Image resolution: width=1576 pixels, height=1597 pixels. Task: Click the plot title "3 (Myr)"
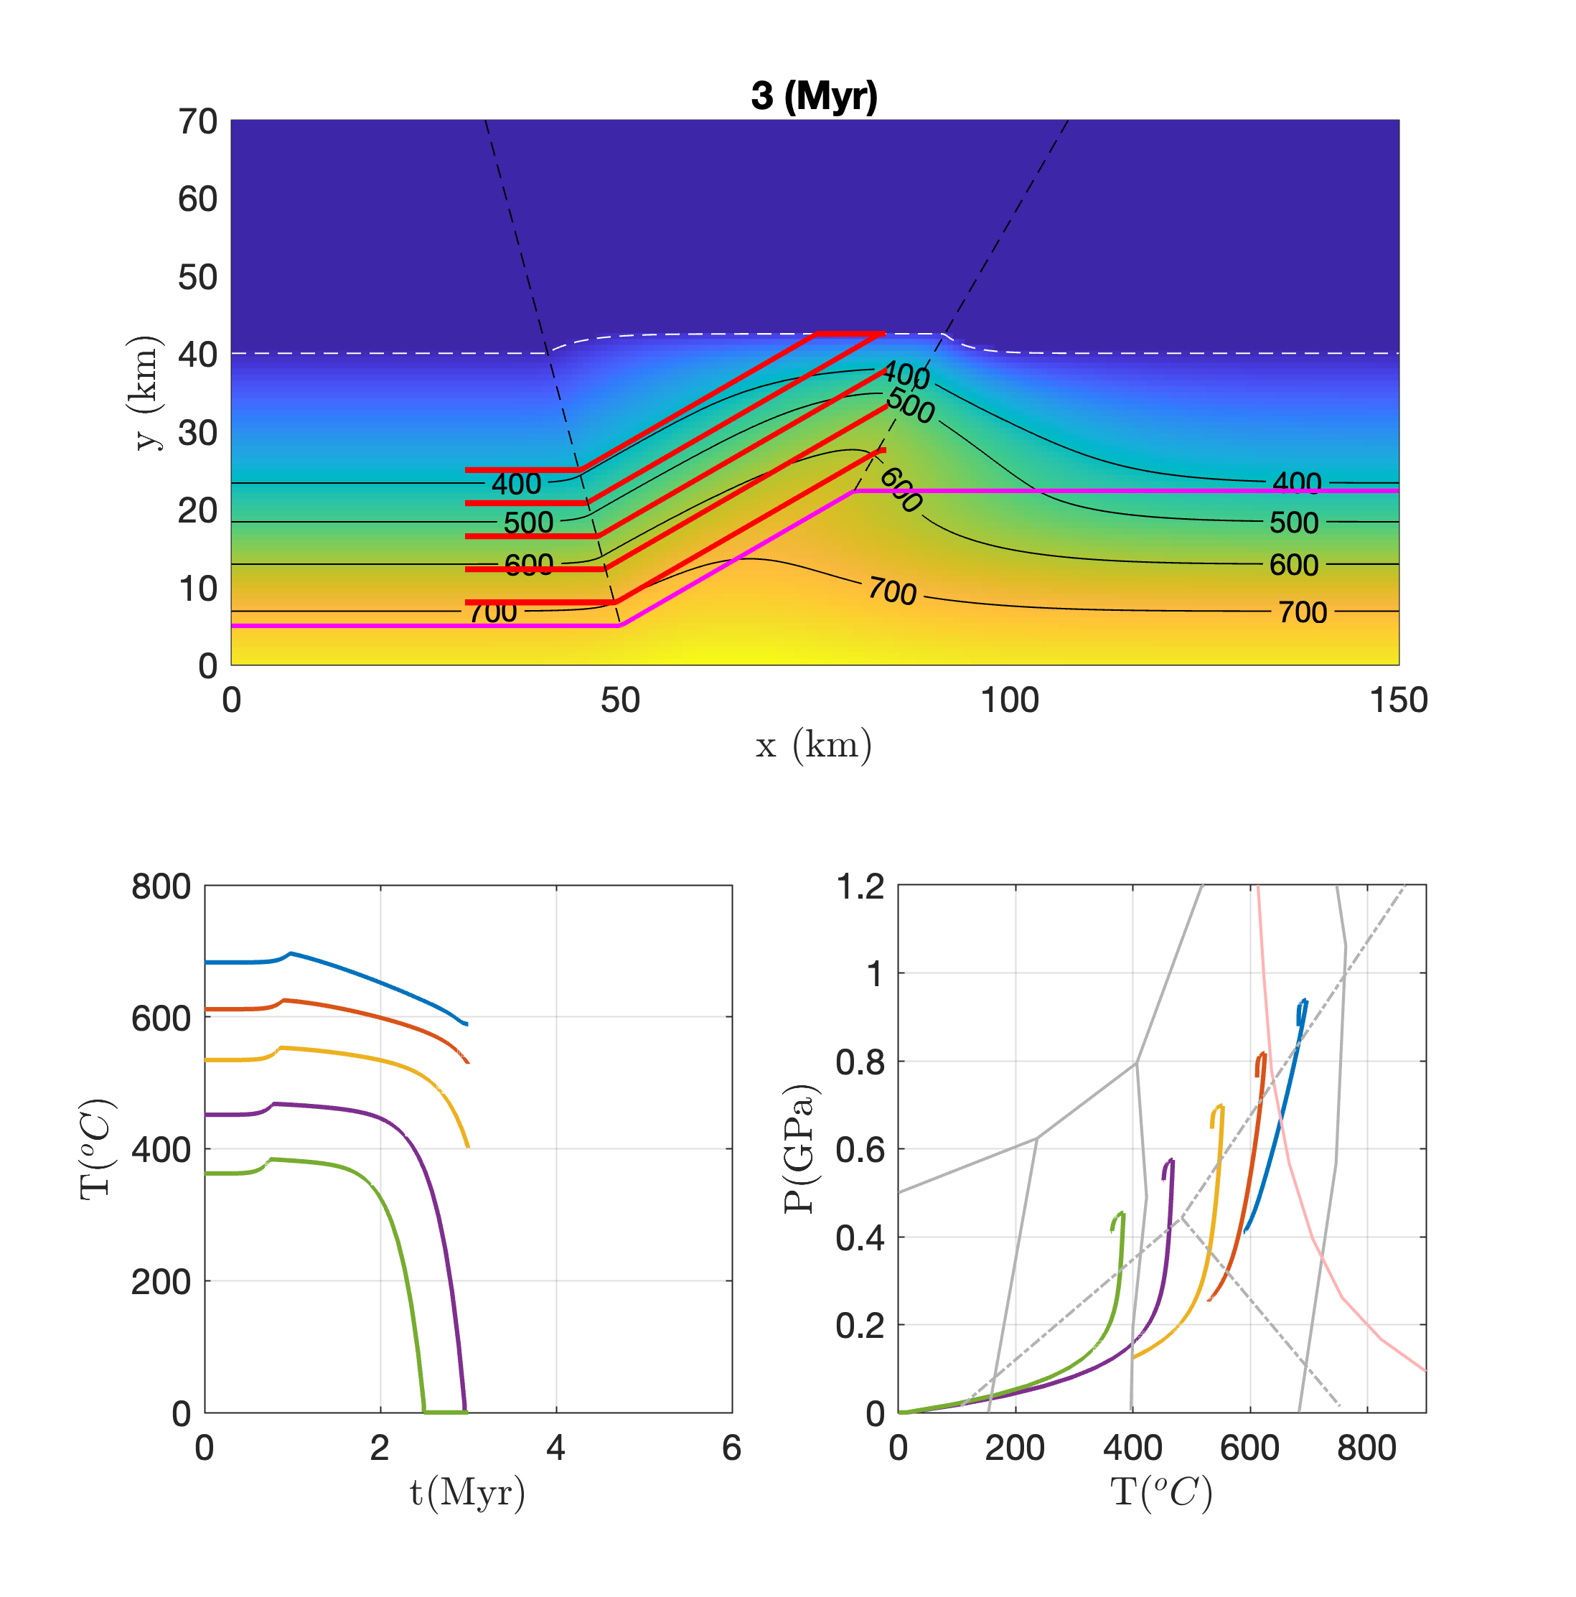813,96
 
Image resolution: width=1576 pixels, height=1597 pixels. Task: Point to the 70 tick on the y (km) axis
197,121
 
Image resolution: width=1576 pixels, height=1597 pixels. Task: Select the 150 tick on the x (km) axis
1397,700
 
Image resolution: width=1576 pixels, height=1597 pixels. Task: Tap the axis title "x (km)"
813,745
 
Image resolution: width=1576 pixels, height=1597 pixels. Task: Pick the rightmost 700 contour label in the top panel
1303,612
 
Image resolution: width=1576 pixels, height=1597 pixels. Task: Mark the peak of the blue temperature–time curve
290,953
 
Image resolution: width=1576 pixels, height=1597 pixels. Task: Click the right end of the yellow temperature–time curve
469,1146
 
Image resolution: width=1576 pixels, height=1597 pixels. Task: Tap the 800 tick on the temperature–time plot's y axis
161,886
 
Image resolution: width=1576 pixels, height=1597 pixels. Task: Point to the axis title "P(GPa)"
798,1149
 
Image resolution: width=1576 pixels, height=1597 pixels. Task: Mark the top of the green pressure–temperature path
1122,1212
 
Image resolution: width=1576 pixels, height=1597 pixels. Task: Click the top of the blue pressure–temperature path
1304,1001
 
